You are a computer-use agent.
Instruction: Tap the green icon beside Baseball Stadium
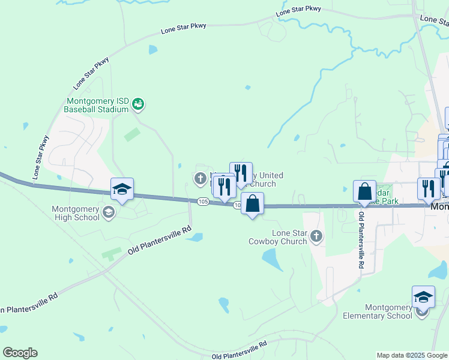139,104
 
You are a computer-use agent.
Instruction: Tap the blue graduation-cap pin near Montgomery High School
122,190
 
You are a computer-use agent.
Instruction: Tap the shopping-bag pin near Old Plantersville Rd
364,192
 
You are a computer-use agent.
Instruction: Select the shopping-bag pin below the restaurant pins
253,203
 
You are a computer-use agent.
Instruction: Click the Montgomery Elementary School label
378,311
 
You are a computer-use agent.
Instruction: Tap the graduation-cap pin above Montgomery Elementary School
423,297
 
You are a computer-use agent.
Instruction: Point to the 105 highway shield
203,202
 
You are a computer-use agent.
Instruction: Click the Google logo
20,353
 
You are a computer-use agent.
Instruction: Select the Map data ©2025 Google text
412,355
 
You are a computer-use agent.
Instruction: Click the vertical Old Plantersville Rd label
361,239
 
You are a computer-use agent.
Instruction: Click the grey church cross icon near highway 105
200,178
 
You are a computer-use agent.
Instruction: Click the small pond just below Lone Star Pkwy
152,50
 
